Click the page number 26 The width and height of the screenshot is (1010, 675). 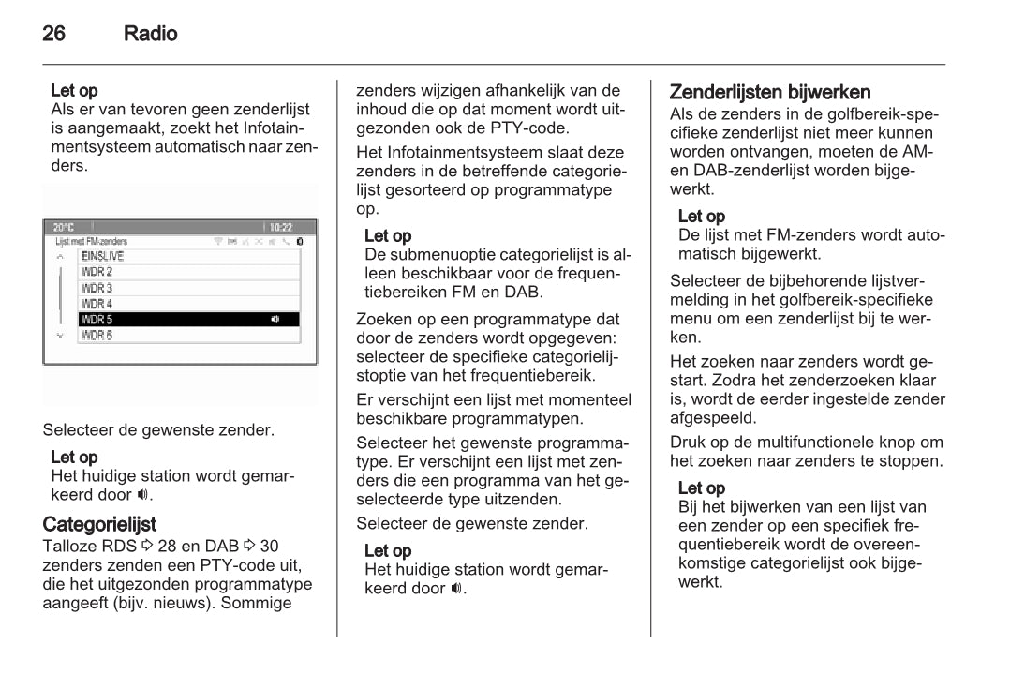tap(55, 34)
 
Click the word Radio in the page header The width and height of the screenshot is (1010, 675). tap(150, 34)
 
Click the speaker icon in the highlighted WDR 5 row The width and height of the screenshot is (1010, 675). tap(275, 319)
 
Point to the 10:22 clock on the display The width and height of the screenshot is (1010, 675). tap(280, 228)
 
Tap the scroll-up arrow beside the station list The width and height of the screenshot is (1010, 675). tap(61, 256)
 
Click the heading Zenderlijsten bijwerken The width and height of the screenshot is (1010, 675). tap(770, 92)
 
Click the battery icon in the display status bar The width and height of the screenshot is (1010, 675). tap(299, 241)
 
